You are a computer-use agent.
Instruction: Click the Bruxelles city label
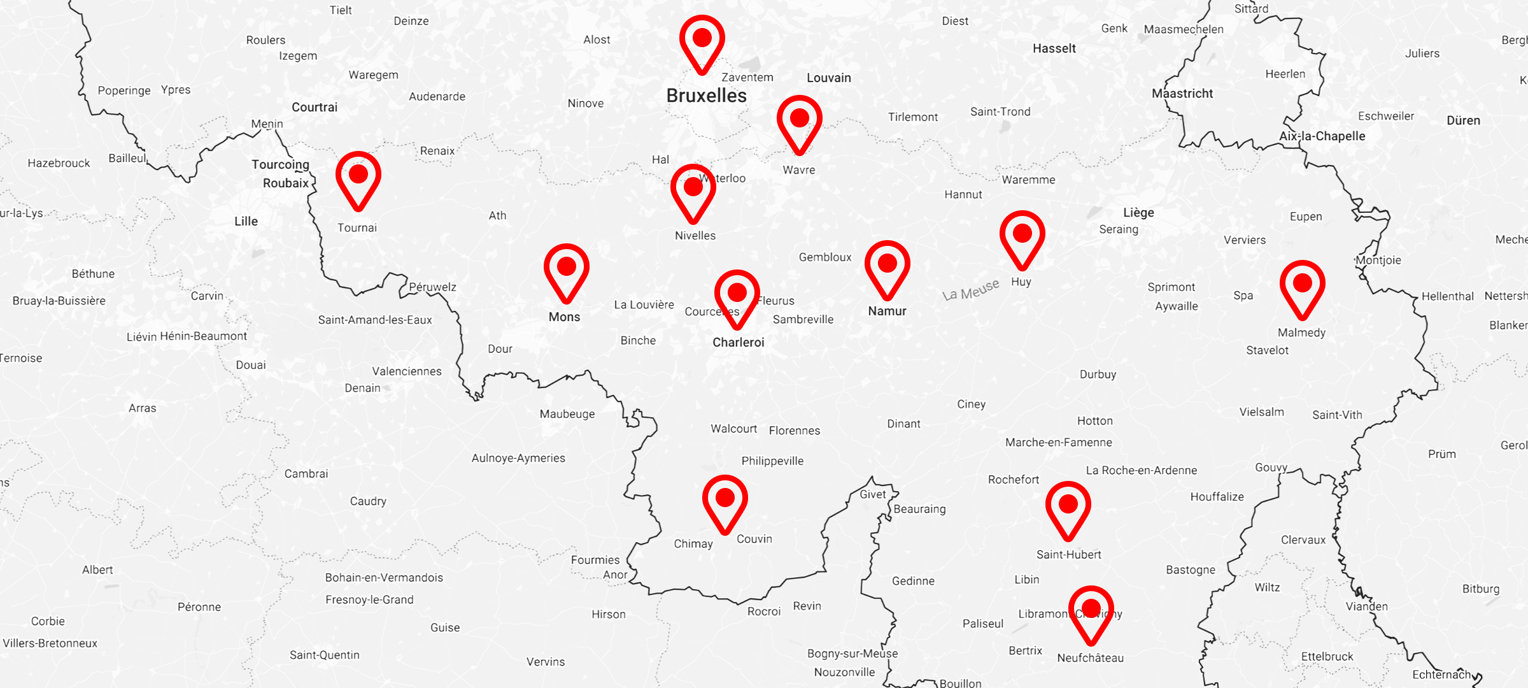click(x=706, y=96)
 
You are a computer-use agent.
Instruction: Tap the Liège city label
click(x=1138, y=213)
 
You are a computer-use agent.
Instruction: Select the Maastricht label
click(x=1182, y=94)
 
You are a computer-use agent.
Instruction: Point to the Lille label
click(x=246, y=222)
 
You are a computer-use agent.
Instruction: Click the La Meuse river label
click(x=971, y=290)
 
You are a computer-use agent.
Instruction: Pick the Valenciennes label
click(x=406, y=371)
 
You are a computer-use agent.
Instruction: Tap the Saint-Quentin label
click(x=324, y=655)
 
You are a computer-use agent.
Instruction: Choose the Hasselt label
click(x=1054, y=48)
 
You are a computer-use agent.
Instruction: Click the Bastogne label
click(x=1190, y=570)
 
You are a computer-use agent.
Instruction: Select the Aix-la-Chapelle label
click(x=1322, y=136)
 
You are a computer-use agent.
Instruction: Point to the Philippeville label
click(x=772, y=461)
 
